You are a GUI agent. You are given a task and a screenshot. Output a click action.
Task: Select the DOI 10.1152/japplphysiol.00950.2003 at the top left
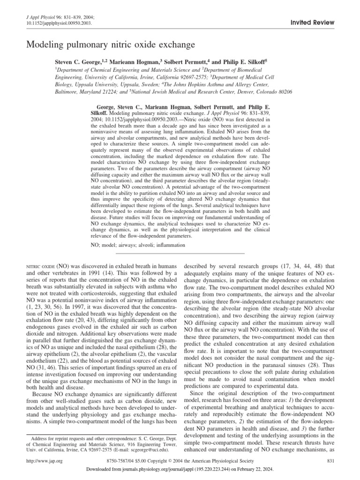pos(52,22)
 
